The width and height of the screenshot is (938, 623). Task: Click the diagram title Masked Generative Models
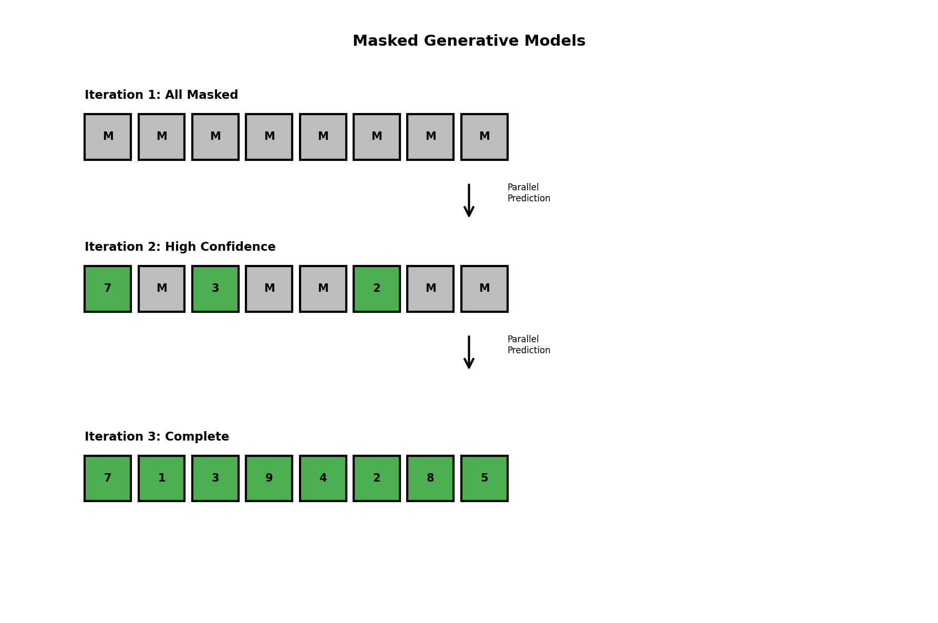469,41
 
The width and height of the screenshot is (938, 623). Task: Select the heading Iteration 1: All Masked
161,95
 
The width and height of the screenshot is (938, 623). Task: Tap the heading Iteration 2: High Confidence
180,247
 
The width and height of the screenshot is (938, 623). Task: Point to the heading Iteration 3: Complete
157,437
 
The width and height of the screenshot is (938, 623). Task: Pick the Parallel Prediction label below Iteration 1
528,193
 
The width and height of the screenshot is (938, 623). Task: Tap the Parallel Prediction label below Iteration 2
528,345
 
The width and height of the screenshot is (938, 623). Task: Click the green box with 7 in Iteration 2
108,289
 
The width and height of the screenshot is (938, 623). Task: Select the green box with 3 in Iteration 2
215,289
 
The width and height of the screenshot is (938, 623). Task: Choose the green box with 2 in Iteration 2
377,289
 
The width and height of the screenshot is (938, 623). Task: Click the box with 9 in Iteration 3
269,478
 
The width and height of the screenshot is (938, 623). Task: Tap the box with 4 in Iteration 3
323,478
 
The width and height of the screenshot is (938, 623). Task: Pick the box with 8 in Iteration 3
430,478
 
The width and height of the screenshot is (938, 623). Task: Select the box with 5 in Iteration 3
485,478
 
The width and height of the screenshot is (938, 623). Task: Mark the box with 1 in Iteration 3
161,478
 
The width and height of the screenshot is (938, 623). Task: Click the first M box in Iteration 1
108,137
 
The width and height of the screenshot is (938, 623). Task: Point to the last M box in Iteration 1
485,137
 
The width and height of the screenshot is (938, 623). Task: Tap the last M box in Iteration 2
485,289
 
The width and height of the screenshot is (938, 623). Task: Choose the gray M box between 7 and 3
161,289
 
